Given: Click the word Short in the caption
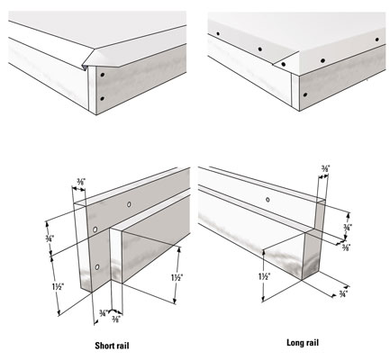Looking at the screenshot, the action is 104,346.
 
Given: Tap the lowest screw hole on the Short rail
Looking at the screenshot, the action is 97,266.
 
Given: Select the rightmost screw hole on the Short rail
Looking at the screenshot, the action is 129,204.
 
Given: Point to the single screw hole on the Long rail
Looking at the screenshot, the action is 268,199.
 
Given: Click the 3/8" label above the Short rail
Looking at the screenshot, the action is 81,182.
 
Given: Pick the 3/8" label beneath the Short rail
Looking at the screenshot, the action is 116,319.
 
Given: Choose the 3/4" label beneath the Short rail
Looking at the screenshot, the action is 104,313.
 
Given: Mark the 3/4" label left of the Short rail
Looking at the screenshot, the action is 50,238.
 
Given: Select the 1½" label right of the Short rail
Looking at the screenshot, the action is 177,278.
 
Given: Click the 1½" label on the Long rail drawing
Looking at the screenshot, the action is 265,277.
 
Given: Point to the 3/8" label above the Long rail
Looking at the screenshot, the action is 325,169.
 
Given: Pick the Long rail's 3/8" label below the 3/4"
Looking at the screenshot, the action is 346,247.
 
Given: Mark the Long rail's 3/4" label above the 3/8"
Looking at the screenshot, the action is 348,227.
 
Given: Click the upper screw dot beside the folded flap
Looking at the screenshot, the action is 103,75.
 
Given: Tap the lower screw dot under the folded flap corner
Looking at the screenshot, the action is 102,98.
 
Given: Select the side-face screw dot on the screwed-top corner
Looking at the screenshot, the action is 305,94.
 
